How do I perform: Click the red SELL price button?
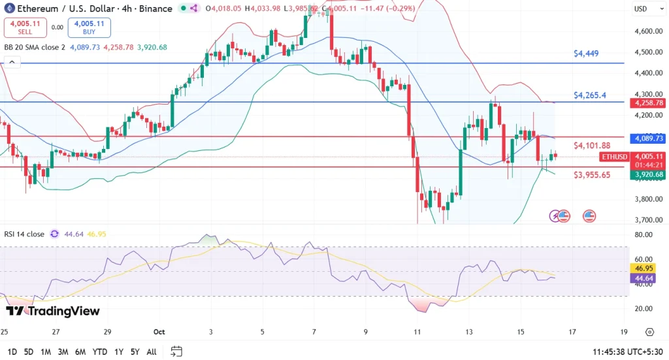tap(25, 27)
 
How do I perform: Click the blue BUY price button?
tap(89, 27)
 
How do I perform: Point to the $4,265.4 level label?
tap(589, 95)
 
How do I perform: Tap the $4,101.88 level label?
tap(592, 145)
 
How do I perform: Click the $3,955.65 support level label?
tap(592, 175)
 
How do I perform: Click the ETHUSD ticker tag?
tap(615, 157)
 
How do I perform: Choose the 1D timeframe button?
tap(12, 352)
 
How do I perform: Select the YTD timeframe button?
tap(99, 352)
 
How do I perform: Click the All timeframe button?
tap(151, 352)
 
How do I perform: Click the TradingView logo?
tap(52, 311)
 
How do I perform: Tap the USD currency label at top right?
tap(640, 8)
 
